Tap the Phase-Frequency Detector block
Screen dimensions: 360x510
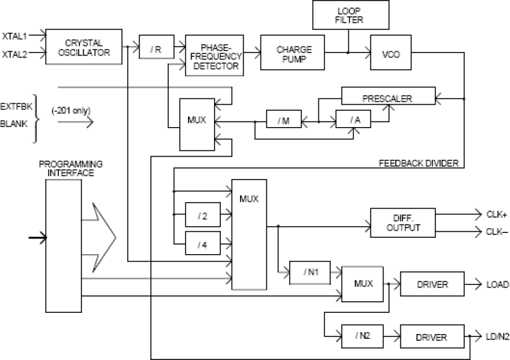[213, 56]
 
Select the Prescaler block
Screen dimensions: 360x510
[387, 97]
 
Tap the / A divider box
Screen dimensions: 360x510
[354, 120]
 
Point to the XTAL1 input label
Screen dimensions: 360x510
[13, 33]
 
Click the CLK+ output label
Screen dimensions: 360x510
[495, 214]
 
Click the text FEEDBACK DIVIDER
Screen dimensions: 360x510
[417, 164]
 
